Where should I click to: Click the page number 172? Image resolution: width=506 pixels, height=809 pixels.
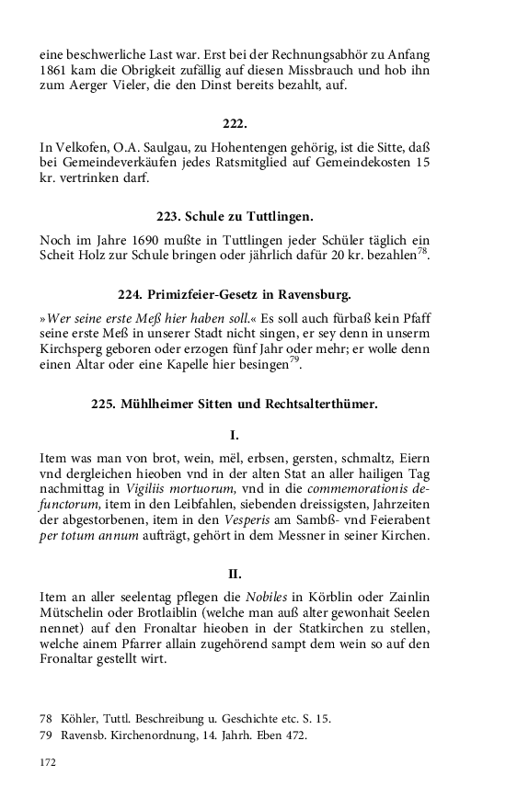[x=48, y=762]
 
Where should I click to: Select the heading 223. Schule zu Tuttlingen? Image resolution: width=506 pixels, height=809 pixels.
[x=235, y=216]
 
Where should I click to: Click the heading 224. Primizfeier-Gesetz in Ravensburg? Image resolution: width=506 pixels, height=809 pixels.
[x=235, y=295]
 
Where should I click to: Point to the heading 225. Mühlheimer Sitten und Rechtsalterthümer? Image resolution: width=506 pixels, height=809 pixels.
[x=235, y=402]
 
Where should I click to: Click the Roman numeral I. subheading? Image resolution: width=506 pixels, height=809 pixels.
[x=235, y=434]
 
